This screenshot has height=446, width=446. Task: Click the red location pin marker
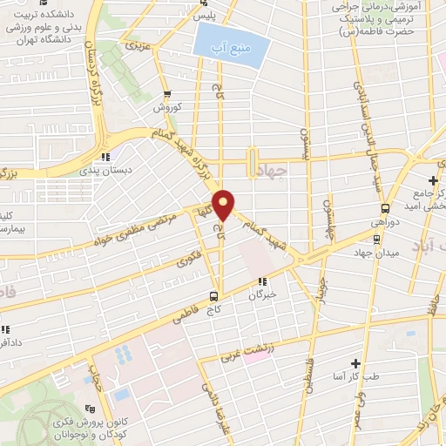pos(224,205)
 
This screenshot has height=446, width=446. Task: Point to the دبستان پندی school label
pos(127,171)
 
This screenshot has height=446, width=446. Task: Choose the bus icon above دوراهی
pos(385,208)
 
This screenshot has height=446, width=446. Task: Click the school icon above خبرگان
pos(262,281)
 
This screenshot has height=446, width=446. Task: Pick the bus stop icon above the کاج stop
pos(215,296)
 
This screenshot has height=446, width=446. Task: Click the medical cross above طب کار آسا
pos(355,362)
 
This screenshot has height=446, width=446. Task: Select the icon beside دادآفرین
pos(5,329)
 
